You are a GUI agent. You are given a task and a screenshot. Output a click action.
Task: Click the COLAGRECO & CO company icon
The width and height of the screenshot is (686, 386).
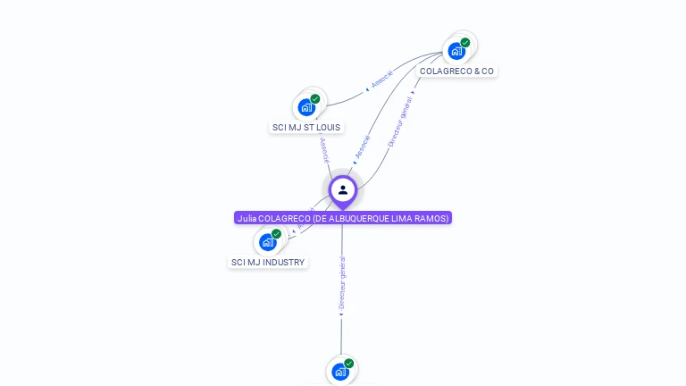tap(457, 50)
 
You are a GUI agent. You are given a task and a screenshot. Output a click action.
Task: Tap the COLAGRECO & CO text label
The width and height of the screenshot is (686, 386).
tap(456, 71)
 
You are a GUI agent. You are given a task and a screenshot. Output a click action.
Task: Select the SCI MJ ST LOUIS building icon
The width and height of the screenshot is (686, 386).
tap(307, 106)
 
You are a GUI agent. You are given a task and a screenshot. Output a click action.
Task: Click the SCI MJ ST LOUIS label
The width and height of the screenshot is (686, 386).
tap(306, 127)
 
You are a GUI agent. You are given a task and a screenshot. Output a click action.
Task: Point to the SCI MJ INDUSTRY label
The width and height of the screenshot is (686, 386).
tap(268, 262)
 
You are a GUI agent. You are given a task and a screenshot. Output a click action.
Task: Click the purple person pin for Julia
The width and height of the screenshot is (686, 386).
tap(342, 190)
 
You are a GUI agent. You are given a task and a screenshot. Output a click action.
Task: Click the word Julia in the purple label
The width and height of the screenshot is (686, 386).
tap(246, 218)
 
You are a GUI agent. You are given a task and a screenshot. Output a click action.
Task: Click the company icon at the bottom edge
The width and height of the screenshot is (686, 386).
tap(340, 371)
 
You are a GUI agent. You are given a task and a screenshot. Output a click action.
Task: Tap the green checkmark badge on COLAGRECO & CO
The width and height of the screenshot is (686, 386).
tap(465, 42)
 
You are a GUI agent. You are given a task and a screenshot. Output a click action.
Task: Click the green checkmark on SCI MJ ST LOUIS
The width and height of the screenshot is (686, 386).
tap(315, 98)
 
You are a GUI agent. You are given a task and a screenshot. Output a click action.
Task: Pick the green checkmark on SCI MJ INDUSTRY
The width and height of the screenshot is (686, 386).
tap(277, 233)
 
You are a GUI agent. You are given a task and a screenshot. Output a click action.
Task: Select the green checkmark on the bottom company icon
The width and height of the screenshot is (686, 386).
tap(349, 363)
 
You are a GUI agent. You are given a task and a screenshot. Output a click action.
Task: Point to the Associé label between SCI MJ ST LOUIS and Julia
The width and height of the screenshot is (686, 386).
tap(324, 148)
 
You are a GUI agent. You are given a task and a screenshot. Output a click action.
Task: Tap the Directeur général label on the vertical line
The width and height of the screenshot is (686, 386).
tap(342, 284)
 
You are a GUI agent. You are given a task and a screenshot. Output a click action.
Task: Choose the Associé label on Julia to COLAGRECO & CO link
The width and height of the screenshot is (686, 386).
tap(363, 147)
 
